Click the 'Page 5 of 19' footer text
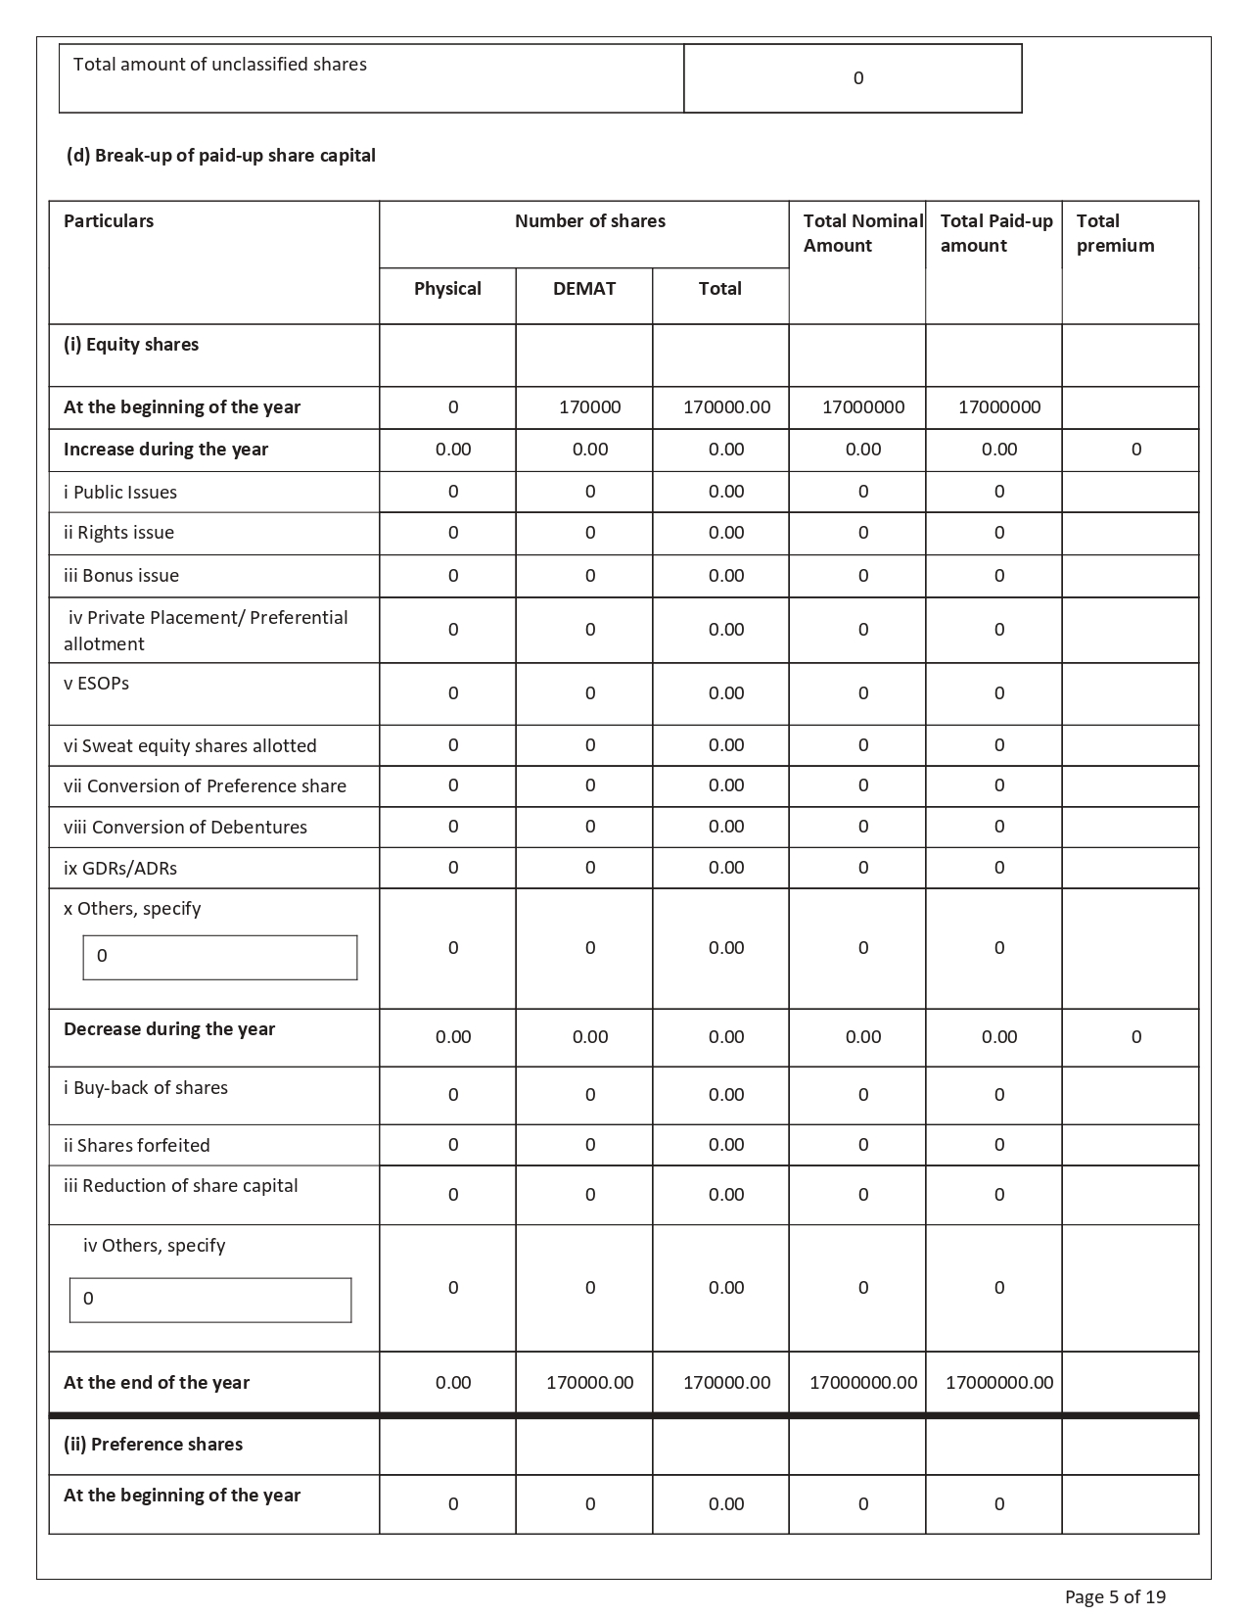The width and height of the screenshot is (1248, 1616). (x=1115, y=1596)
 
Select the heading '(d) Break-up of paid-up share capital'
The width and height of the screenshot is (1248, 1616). (x=221, y=156)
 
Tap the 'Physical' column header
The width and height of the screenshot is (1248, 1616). (x=447, y=289)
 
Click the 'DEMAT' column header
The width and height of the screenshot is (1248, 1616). (x=584, y=289)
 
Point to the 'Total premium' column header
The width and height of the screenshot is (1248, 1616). (x=1115, y=233)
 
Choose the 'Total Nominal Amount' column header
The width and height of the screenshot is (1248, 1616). (x=862, y=233)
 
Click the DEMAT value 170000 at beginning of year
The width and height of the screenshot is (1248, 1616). (x=589, y=407)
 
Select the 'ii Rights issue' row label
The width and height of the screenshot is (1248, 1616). (x=118, y=533)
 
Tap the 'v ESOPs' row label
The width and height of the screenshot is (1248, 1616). (x=96, y=684)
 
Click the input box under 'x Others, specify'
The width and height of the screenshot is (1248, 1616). (x=220, y=957)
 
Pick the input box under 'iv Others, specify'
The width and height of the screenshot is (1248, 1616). (x=210, y=1300)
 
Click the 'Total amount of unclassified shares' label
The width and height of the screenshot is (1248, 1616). (x=220, y=65)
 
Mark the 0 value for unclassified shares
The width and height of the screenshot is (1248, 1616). (x=858, y=78)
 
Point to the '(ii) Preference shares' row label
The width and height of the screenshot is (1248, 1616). (x=153, y=1445)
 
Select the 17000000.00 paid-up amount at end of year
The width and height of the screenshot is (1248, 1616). (x=999, y=1383)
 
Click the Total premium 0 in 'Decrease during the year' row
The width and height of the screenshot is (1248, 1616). (x=1135, y=1037)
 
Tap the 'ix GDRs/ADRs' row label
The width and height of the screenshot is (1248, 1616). (x=120, y=869)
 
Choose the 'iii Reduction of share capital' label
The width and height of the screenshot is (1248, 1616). (x=181, y=1186)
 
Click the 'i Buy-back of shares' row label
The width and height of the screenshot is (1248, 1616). (x=146, y=1088)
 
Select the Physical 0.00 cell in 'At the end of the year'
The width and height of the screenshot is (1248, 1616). (x=453, y=1383)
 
